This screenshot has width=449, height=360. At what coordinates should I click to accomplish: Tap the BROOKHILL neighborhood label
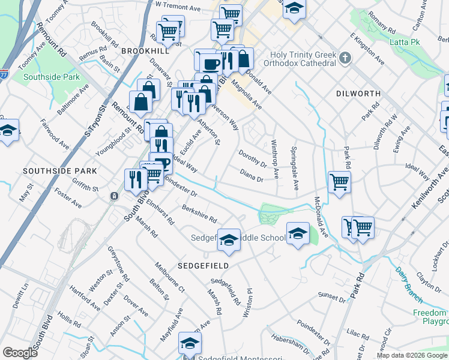(x=142, y=52)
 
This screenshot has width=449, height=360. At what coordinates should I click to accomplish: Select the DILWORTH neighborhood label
(x=358, y=94)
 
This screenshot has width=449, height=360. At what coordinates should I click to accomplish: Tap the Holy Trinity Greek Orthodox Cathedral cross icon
(x=345, y=58)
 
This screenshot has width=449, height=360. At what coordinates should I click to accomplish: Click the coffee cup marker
(x=209, y=62)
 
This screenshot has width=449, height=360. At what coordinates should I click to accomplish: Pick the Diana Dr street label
(x=252, y=175)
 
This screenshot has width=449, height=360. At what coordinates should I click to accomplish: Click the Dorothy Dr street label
(x=252, y=158)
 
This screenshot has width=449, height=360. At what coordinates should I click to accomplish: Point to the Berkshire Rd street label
(x=200, y=214)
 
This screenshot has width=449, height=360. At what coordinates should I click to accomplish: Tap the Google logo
(x=20, y=353)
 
